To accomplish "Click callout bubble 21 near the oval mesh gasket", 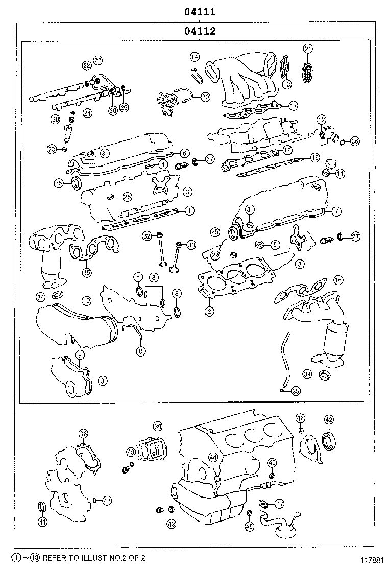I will pos(307,49).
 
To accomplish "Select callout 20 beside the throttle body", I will pos(205,96).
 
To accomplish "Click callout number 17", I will pos(293,106).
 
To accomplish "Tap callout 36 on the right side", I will pos(355,141).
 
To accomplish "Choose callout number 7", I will pos(336,210).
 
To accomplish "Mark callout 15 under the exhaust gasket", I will pos(87,273).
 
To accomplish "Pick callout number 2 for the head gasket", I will pos(209,311).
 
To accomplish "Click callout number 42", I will pos(328,420).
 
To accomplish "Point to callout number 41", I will pos(42,522).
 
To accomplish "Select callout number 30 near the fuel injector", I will pos(56,120).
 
